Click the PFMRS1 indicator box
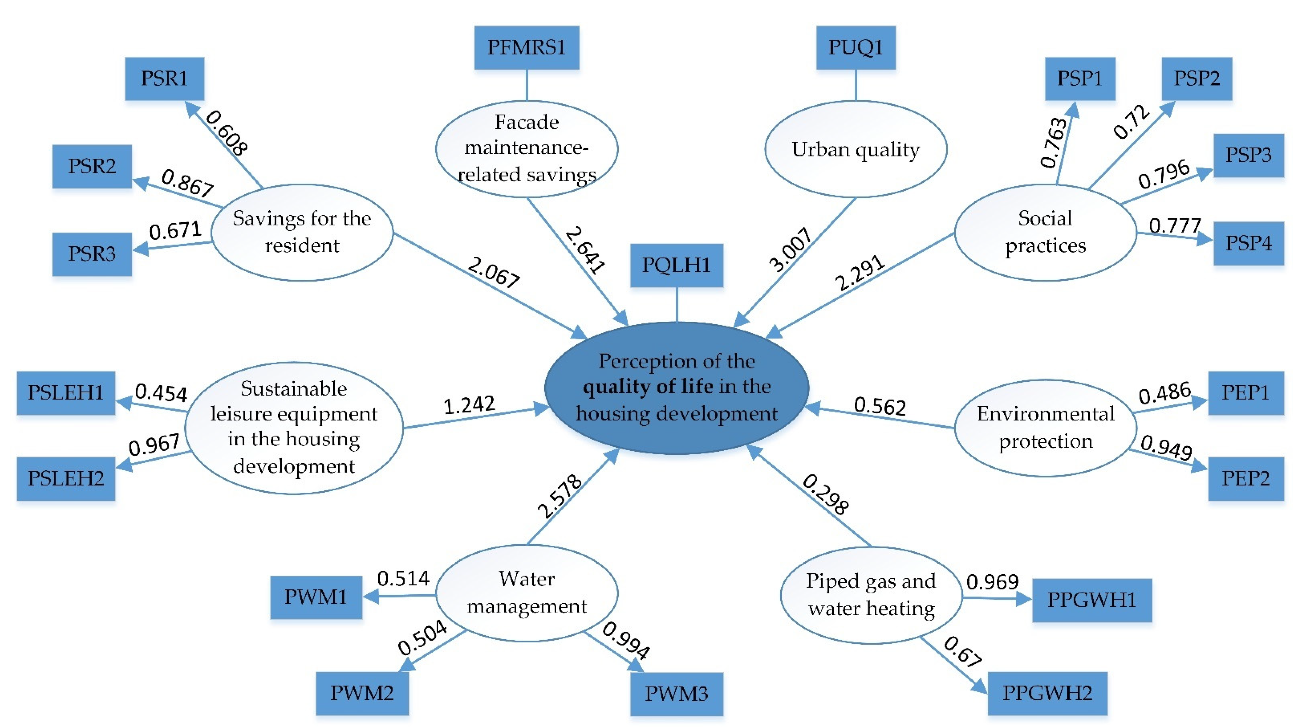(x=527, y=47)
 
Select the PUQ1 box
(x=856, y=47)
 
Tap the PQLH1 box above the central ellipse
(x=676, y=265)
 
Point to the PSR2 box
(x=92, y=166)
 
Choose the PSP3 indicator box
(x=1248, y=155)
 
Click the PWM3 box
(x=676, y=694)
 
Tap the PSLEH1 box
(x=66, y=393)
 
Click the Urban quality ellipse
(x=856, y=149)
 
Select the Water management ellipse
(x=527, y=592)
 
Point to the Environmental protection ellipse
(x=1046, y=428)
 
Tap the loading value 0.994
(x=626, y=640)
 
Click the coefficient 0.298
(x=825, y=494)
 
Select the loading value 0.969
(x=992, y=582)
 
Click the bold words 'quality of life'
(x=648, y=387)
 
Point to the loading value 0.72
(x=1131, y=122)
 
